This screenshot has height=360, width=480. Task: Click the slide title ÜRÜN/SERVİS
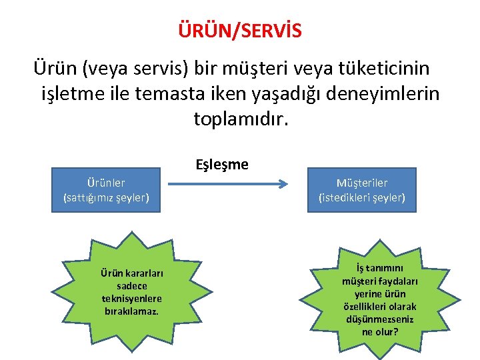click(239, 31)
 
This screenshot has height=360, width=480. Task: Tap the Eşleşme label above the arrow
click(221, 164)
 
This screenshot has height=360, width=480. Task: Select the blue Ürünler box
click(106, 190)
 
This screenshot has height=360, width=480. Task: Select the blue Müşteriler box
click(362, 190)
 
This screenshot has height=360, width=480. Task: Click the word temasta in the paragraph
click(169, 94)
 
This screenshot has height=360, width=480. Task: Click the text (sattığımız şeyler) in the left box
click(106, 197)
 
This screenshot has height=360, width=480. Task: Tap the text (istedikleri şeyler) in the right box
click(362, 197)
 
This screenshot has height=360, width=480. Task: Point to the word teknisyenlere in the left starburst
click(132, 299)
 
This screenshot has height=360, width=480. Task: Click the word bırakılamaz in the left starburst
click(131, 311)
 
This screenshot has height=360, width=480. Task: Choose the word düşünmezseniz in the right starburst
click(379, 319)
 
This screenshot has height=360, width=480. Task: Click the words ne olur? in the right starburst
click(379, 331)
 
